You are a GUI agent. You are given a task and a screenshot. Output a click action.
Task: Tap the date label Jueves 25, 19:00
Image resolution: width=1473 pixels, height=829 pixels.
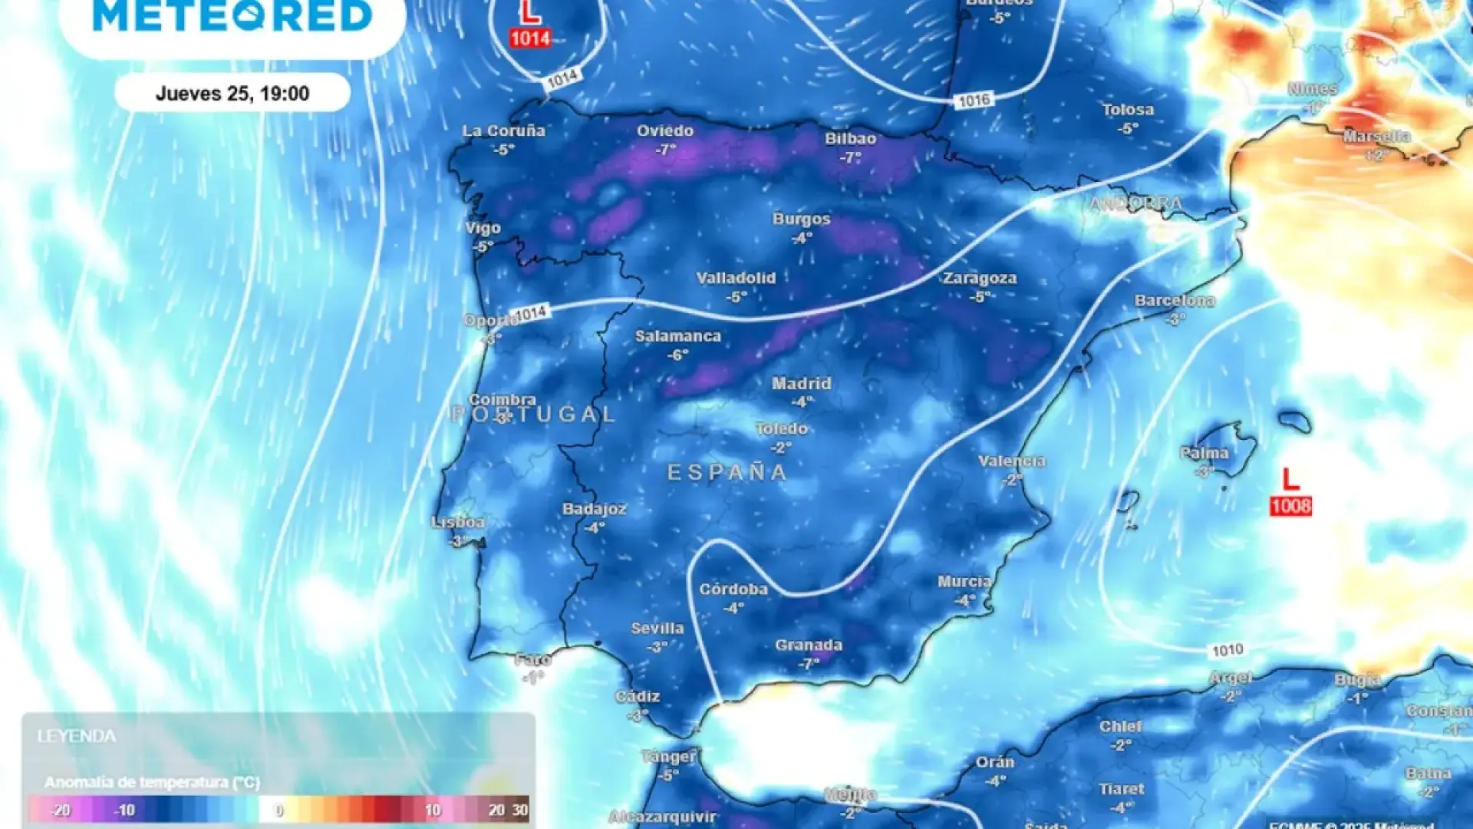pyautogui.click(x=232, y=94)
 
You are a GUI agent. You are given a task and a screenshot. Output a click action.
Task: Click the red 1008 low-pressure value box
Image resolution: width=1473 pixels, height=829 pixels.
pyautogui.click(x=1290, y=506)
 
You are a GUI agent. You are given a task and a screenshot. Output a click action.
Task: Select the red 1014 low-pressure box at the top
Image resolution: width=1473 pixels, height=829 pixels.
pyautogui.click(x=530, y=38)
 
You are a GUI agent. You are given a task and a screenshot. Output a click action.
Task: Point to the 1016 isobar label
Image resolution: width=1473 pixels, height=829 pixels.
pyautogui.click(x=974, y=101)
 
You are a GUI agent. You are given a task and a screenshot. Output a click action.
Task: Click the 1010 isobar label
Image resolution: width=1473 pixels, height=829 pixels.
pyautogui.click(x=1227, y=650)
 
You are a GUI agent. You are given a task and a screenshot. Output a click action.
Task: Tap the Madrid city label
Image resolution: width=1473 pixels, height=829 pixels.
pyautogui.click(x=802, y=383)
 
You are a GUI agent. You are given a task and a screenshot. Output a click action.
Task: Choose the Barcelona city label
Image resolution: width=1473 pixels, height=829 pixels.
pyautogui.click(x=1175, y=300)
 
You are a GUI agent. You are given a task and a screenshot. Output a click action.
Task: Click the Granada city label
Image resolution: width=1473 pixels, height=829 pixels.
pyautogui.click(x=809, y=646)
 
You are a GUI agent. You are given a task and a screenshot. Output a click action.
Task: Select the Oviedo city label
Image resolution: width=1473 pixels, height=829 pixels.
pyautogui.click(x=665, y=130)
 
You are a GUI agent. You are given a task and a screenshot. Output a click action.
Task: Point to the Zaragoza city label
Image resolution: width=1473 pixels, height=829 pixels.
pyautogui.click(x=980, y=278)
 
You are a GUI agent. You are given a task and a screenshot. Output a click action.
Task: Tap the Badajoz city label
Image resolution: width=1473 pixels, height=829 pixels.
pyautogui.click(x=595, y=509)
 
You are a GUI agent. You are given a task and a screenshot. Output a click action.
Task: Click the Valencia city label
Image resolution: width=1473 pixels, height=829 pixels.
pyautogui.click(x=1012, y=461)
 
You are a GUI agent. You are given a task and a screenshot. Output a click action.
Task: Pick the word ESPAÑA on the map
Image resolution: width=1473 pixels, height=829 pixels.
pyautogui.click(x=727, y=472)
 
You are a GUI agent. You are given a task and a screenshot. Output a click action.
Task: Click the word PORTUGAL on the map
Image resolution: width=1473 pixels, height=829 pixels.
pyautogui.click(x=533, y=414)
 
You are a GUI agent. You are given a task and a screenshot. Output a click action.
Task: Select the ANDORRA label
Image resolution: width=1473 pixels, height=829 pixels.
pyautogui.click(x=1135, y=204)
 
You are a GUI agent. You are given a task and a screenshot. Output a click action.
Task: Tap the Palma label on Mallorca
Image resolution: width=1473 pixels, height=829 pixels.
pyautogui.click(x=1204, y=453)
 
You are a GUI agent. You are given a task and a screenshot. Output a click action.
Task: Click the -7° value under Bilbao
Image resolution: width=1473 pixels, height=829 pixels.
pyautogui.click(x=850, y=157)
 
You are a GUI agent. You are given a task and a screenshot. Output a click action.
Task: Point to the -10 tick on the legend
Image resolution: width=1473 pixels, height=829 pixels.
pyautogui.click(x=124, y=810)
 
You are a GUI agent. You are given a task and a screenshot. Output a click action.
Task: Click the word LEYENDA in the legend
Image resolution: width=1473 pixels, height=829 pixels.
pyautogui.click(x=77, y=736)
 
